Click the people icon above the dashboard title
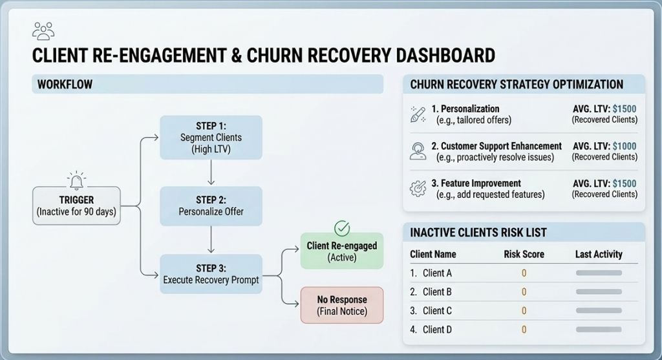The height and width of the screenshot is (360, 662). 43,30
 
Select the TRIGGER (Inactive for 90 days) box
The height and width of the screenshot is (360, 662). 76,206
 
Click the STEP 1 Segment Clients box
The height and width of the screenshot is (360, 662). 211,137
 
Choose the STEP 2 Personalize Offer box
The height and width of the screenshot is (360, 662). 211,206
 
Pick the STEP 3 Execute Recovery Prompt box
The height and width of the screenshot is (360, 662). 211,274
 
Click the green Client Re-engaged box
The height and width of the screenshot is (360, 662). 341,251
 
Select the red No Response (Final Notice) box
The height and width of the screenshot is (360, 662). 341,305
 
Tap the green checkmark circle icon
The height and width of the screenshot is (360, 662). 341,228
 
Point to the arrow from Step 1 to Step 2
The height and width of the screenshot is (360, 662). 211,173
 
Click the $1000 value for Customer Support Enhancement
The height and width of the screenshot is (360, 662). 625,146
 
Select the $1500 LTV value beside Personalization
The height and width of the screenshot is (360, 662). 625,109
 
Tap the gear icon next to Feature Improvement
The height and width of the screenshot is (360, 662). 418,189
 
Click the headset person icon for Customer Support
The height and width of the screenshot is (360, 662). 418,151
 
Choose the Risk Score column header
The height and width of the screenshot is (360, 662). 524,254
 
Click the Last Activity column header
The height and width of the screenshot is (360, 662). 599,254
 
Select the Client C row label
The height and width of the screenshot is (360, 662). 437,311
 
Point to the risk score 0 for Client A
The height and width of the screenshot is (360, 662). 524,273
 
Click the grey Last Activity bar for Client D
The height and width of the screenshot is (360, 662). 599,330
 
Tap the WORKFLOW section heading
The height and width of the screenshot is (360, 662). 65,85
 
